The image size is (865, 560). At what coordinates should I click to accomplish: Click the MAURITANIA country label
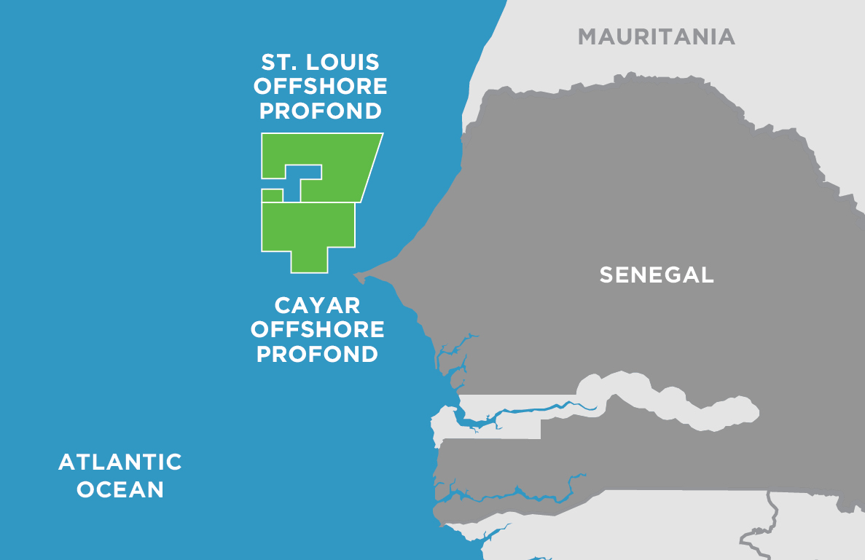click(x=656, y=36)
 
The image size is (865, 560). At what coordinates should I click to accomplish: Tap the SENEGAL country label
click(x=656, y=275)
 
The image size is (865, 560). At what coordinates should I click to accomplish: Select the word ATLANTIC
click(x=120, y=462)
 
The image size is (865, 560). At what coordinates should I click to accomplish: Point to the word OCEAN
click(x=120, y=489)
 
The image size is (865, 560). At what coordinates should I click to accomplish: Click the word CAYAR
click(x=317, y=304)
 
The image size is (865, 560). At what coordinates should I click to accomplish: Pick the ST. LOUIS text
click(x=320, y=62)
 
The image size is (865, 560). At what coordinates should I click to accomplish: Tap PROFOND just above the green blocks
click(x=320, y=111)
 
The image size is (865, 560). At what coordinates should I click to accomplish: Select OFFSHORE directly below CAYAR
click(x=317, y=329)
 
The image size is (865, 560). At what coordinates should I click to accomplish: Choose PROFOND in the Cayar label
click(x=317, y=354)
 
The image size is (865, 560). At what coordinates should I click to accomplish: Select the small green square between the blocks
click(x=272, y=195)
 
